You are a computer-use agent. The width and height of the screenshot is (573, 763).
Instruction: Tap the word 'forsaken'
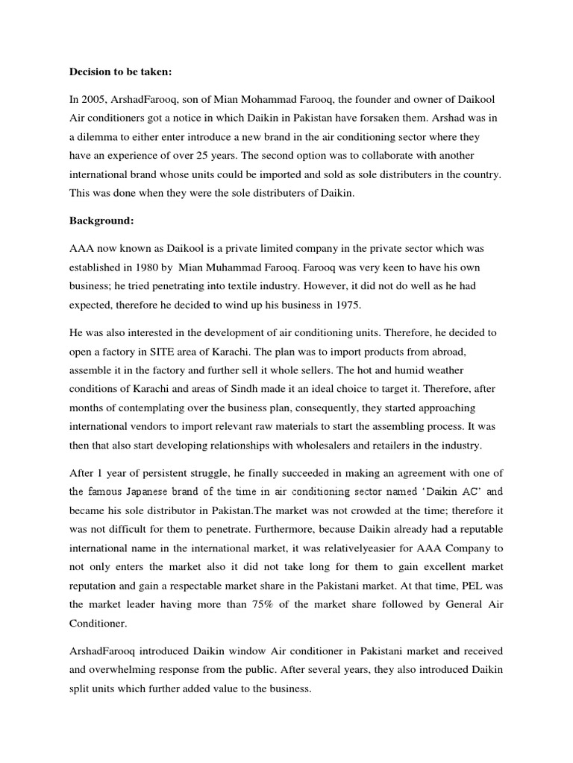pos(387,120)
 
